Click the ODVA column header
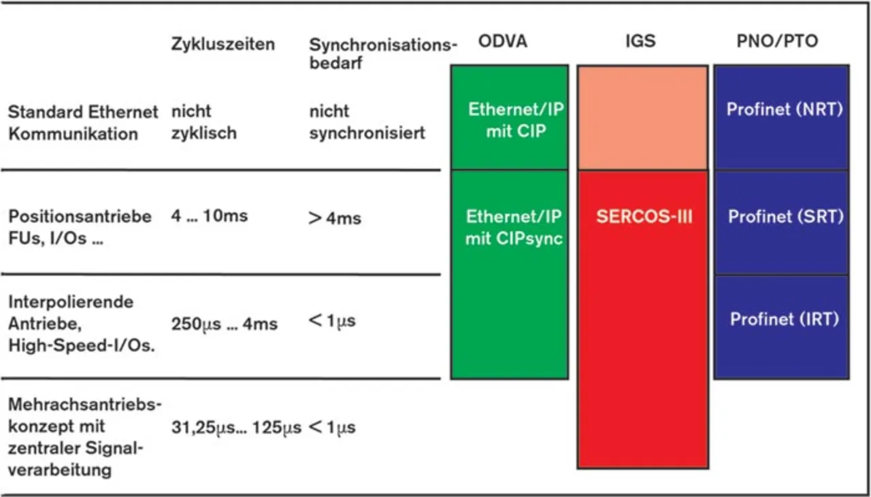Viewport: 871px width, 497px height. [x=502, y=41]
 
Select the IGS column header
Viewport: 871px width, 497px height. [x=640, y=41]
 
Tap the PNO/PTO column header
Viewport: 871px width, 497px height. [x=777, y=41]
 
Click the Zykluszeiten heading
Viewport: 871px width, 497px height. [x=223, y=45]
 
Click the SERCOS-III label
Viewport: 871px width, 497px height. [x=644, y=218]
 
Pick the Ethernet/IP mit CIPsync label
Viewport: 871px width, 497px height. [x=514, y=228]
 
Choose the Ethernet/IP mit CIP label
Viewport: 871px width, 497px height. [x=515, y=120]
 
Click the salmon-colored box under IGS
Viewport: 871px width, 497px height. [x=642, y=117]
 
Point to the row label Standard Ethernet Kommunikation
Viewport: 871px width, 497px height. [x=82, y=122]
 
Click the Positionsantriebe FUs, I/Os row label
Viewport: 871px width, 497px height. [x=79, y=228]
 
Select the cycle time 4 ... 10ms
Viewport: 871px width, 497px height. [x=210, y=217]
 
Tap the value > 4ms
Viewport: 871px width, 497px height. [x=335, y=218]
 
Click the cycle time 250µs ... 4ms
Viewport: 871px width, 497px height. [x=225, y=324]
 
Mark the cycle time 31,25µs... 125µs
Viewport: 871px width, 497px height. [x=236, y=428]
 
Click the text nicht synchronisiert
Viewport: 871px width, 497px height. [x=367, y=122]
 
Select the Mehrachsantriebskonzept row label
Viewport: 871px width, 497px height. [x=84, y=437]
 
